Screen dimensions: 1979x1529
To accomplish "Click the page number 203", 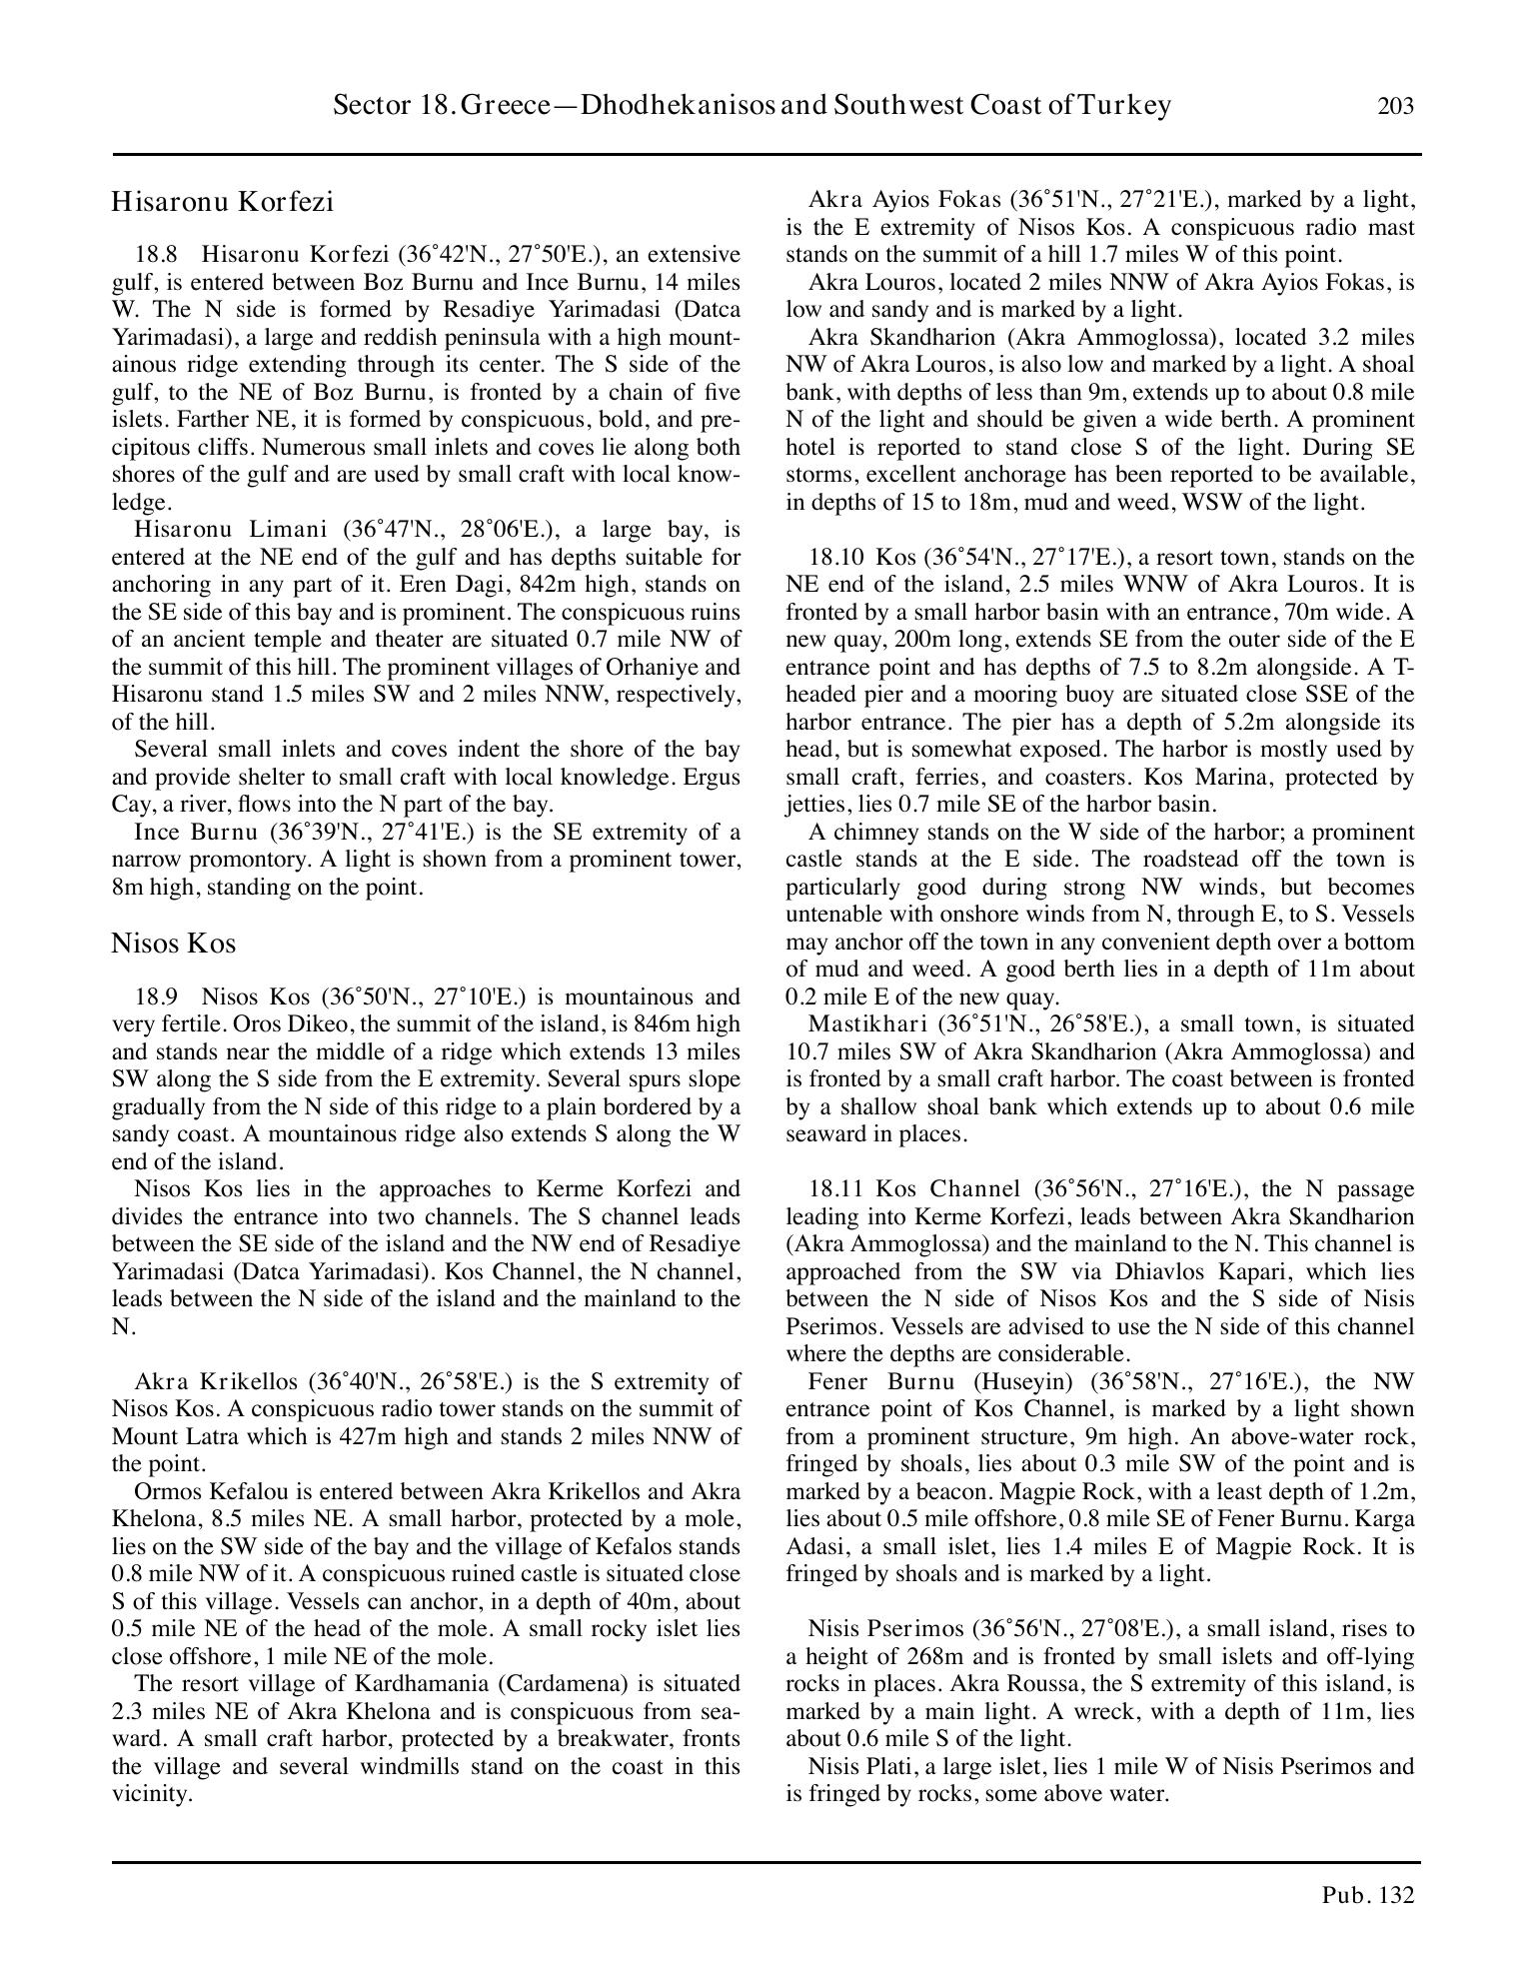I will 1395,106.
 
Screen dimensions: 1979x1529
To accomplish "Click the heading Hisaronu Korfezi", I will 222,202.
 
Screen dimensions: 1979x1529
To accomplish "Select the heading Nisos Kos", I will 173,944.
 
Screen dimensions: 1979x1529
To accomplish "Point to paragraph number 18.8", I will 156,255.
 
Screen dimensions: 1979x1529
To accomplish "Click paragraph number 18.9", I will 156,997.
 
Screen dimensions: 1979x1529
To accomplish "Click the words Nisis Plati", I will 851,1767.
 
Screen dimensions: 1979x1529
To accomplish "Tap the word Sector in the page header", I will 367,106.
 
